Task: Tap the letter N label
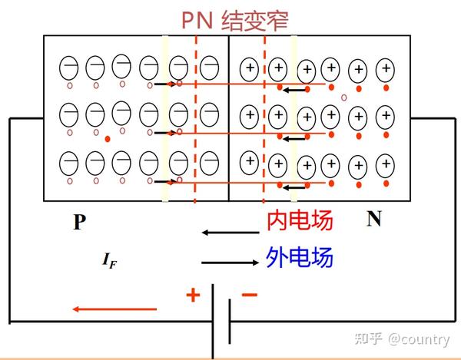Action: tap(374, 219)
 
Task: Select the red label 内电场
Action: tap(300, 221)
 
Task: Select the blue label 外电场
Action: tap(300, 258)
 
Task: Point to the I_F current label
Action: tap(110, 261)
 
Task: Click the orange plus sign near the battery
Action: tap(192, 295)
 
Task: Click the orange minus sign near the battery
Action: tap(250, 294)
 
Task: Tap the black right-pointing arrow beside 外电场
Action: tap(228, 263)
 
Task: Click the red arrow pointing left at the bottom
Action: tap(115, 309)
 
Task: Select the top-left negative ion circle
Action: tap(68, 69)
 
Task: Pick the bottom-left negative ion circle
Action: tap(68, 163)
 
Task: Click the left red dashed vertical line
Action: tap(196, 115)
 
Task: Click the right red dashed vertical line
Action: tap(265, 115)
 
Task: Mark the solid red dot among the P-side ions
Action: tap(108, 139)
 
